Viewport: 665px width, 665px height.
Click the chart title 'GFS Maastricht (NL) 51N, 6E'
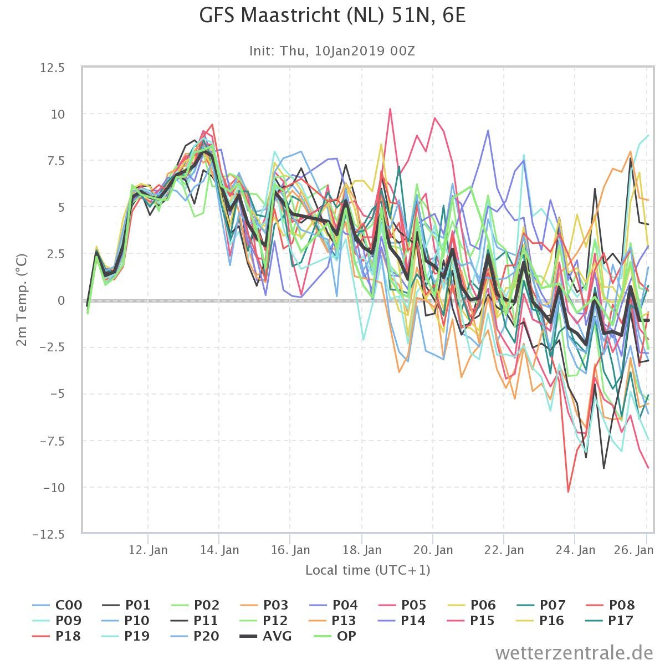click(x=332, y=16)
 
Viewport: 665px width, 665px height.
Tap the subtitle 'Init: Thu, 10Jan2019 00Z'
click(x=332, y=51)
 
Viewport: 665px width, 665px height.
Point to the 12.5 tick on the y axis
click(x=52, y=68)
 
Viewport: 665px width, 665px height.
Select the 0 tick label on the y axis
click(x=61, y=300)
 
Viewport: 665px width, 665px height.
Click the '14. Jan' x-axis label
click(x=219, y=550)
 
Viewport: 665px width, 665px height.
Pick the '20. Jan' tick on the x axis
click(x=433, y=550)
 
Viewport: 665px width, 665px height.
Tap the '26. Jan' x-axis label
click(x=633, y=550)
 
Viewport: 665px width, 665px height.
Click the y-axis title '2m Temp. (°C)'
click(x=22, y=300)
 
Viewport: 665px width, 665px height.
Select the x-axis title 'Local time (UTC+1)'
click(x=368, y=570)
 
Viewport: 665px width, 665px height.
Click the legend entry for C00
click(x=57, y=605)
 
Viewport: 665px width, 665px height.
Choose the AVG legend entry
click(x=266, y=636)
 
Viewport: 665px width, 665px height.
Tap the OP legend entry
click(x=335, y=636)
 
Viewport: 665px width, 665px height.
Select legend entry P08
click(x=610, y=605)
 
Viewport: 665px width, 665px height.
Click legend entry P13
click(x=334, y=621)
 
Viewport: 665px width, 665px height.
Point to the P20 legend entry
click(x=195, y=636)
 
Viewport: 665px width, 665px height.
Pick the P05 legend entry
click(x=402, y=605)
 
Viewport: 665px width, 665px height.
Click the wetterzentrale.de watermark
click(x=574, y=653)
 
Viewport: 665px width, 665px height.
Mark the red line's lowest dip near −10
click(x=568, y=492)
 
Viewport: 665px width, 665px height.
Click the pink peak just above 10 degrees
click(x=390, y=109)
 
